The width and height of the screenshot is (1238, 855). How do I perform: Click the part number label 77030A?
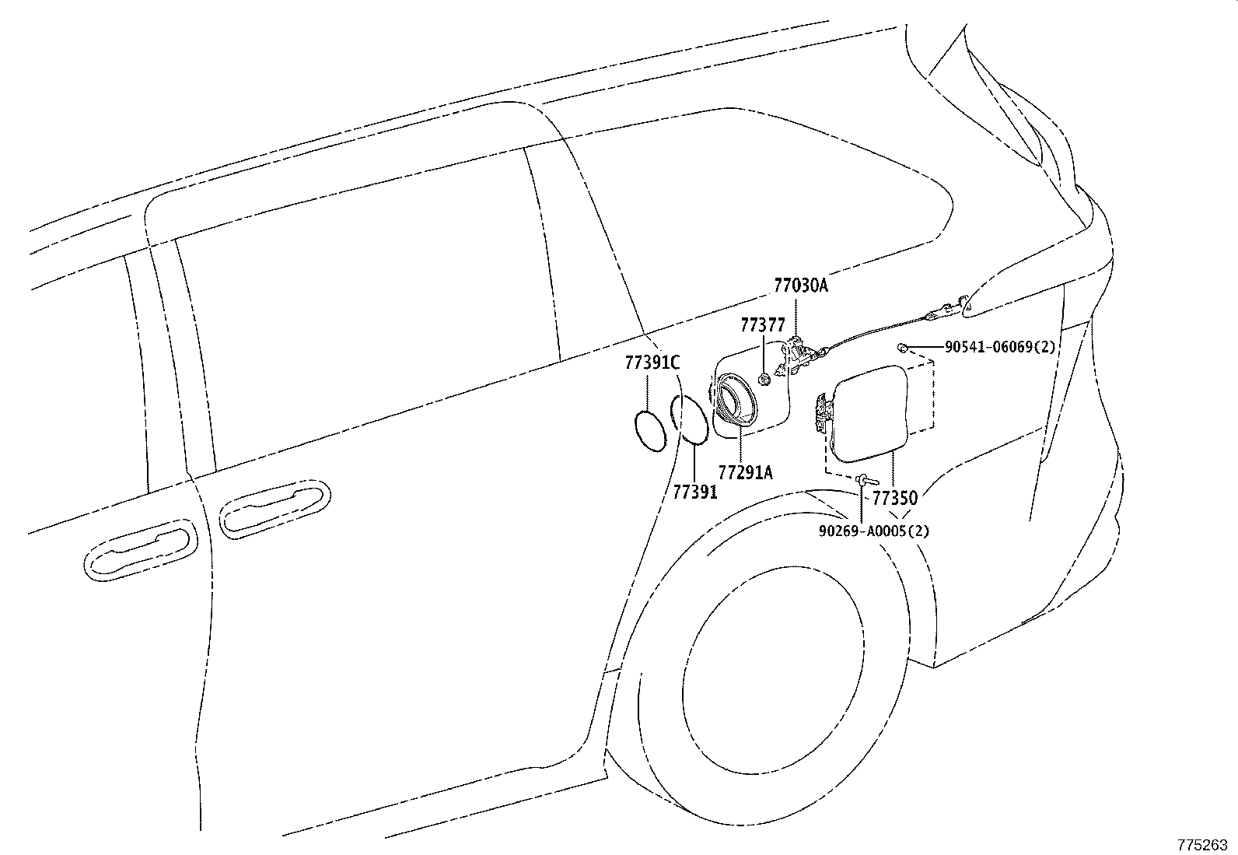pyautogui.click(x=800, y=286)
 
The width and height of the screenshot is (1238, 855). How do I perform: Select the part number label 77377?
pyautogui.click(x=762, y=324)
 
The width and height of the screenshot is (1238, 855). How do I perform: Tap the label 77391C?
pyautogui.click(x=652, y=363)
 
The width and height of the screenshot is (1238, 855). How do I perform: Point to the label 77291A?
pyautogui.click(x=744, y=472)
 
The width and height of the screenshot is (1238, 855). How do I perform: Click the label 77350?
pyautogui.click(x=894, y=499)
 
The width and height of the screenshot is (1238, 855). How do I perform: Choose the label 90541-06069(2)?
pyautogui.click(x=999, y=347)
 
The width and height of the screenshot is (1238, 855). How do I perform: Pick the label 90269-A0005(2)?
pyautogui.click(x=873, y=531)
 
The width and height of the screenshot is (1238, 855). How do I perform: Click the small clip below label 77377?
pyautogui.click(x=764, y=380)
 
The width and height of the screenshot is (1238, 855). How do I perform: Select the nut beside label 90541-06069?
pyautogui.click(x=902, y=347)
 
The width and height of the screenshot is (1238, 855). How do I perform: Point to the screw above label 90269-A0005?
pyautogui.click(x=862, y=481)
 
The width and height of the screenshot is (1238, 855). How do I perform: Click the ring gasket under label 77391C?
pyautogui.click(x=650, y=430)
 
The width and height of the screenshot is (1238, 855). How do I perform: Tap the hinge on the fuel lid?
pyautogui.click(x=823, y=412)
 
